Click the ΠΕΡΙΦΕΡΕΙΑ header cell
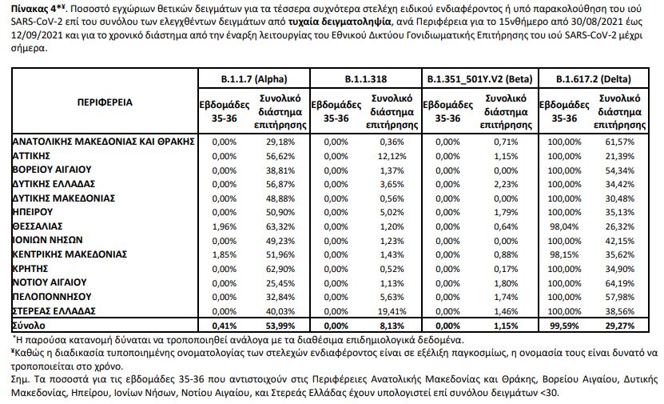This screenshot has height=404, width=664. (105, 103)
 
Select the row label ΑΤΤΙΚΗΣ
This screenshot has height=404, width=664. (33, 155)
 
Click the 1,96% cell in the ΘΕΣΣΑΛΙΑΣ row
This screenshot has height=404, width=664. (218, 226)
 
